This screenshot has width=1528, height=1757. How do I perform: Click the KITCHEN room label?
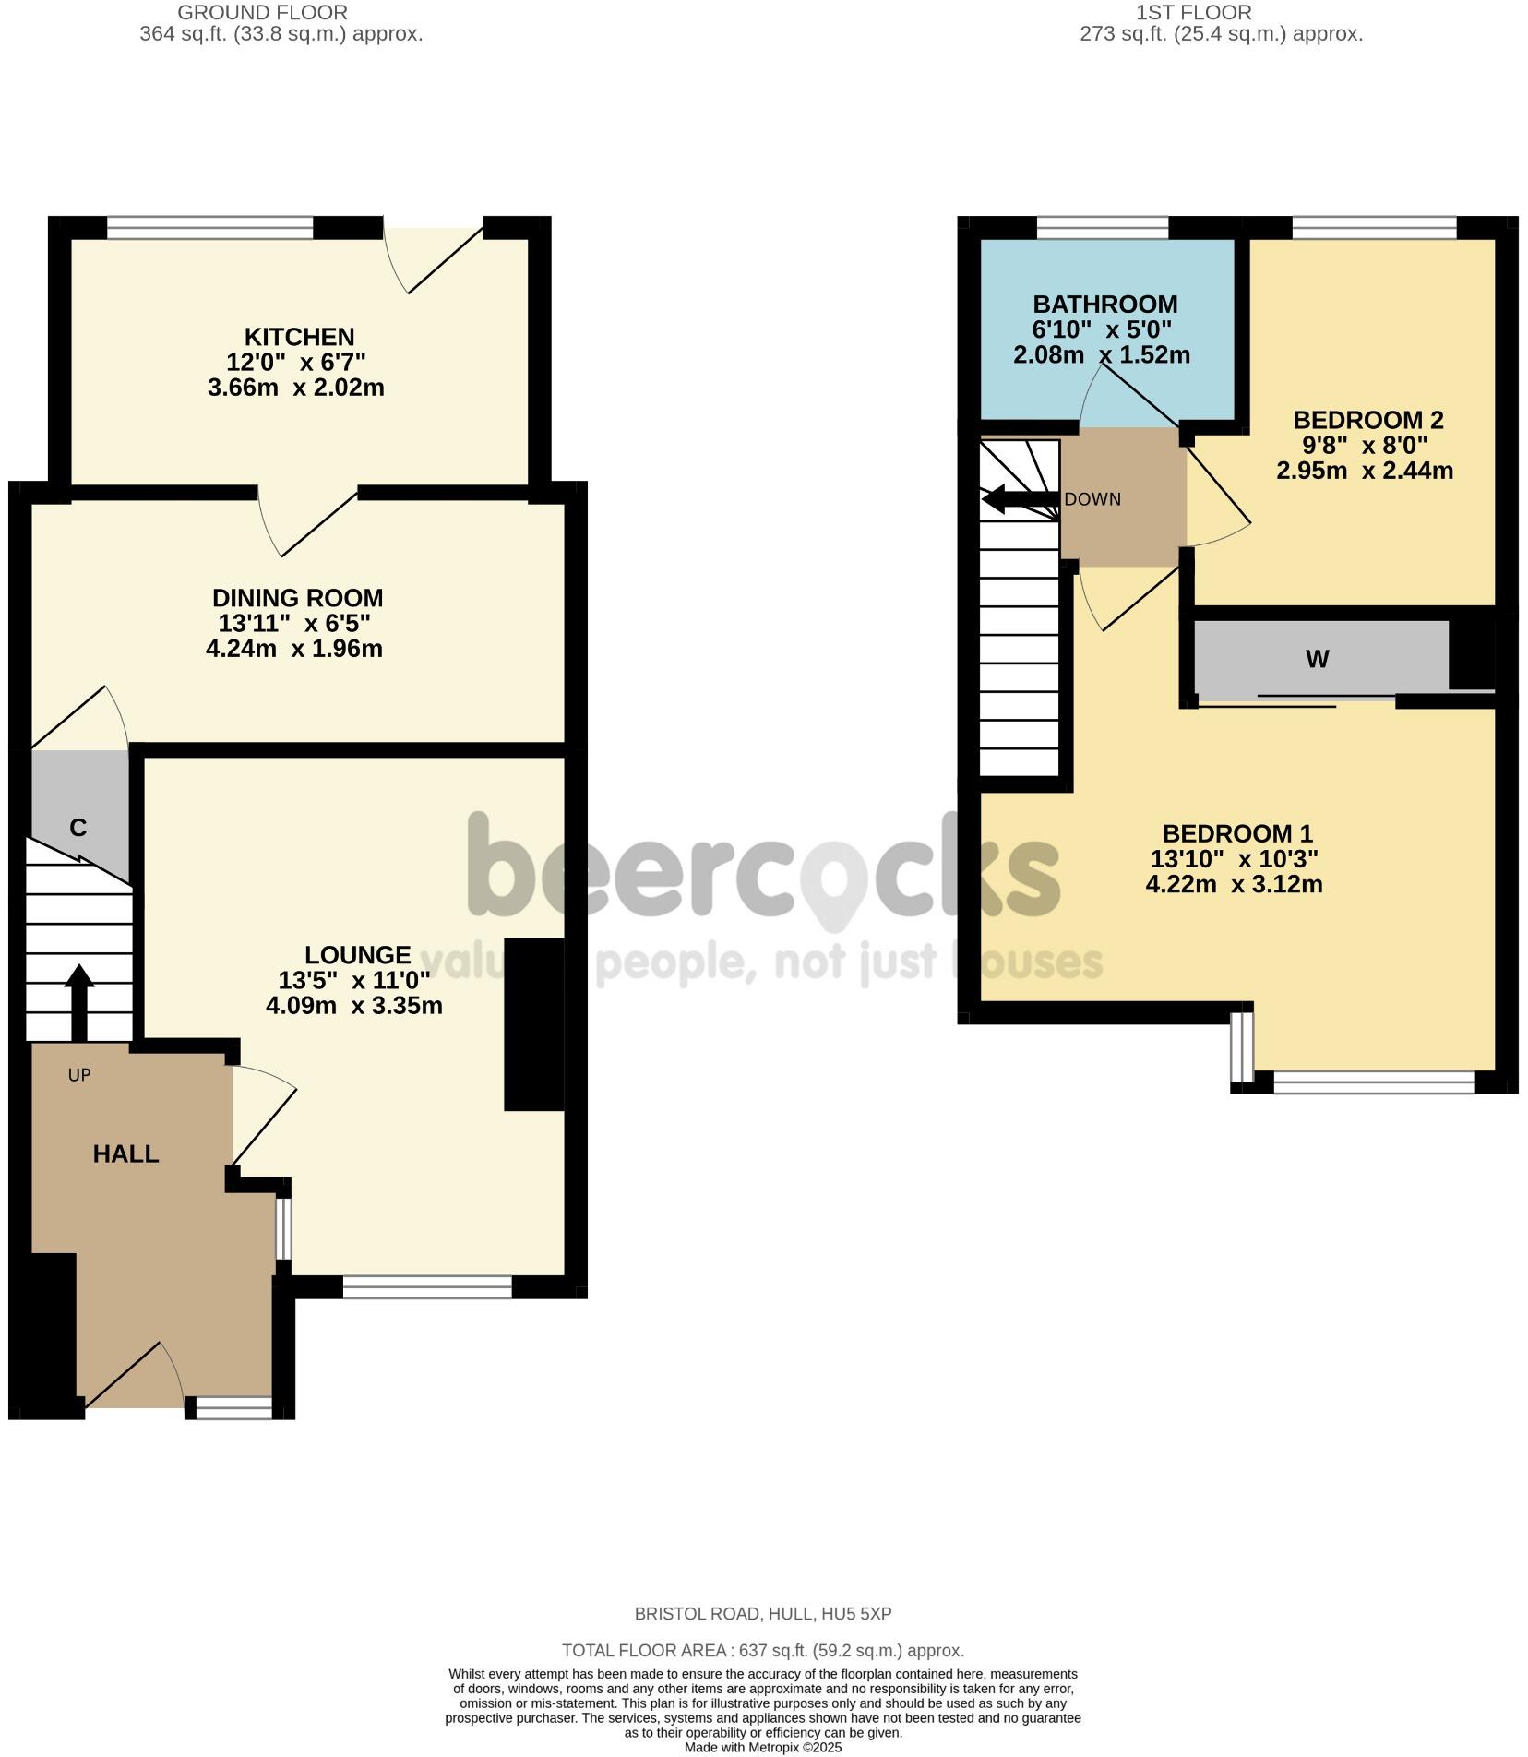[299, 337]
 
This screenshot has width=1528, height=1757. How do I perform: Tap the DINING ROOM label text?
[297, 598]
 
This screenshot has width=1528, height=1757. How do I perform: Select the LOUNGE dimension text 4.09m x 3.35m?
[353, 1006]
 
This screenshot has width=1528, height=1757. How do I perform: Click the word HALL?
[125, 1153]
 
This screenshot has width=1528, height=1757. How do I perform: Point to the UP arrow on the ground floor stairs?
[78, 1000]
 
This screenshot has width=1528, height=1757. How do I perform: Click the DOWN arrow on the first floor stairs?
[1020, 500]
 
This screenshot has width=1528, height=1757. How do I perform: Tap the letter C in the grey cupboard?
[78, 828]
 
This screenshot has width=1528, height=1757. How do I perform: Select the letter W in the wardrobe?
[1317, 659]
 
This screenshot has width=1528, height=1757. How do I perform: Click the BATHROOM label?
[1104, 305]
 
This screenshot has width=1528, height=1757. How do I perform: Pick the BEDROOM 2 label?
[1367, 420]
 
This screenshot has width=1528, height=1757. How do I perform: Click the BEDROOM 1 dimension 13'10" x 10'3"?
[1234, 859]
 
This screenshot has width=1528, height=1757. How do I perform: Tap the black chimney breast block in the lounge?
[533, 1024]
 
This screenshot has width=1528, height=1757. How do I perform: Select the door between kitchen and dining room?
[309, 521]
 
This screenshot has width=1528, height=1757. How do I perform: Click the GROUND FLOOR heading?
[262, 13]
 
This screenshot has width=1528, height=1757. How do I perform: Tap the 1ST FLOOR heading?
[1193, 13]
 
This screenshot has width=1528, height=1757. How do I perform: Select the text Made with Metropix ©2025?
[762, 1748]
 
